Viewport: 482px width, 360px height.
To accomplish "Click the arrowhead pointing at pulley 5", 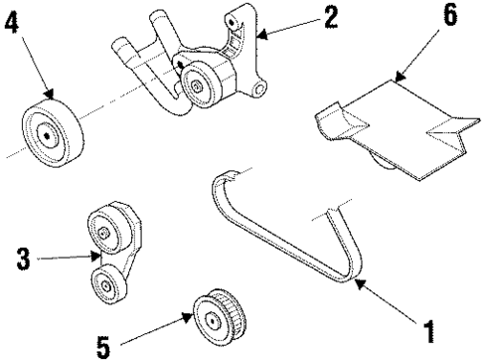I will click(189, 317).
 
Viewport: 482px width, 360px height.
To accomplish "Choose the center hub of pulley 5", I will click(213, 319).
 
